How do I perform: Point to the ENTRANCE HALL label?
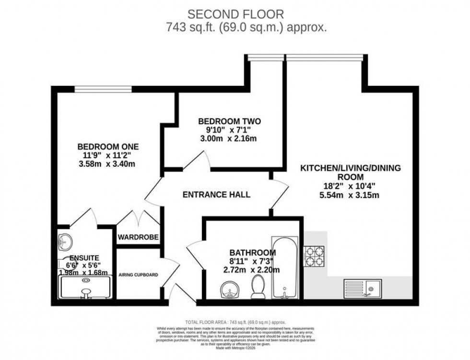pos(217,195)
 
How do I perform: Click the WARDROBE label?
pos(138,237)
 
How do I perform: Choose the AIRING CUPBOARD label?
pos(138,275)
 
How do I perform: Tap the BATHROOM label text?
pos(252,253)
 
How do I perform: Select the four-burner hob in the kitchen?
pos(314,256)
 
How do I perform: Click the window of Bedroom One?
pos(103,88)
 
